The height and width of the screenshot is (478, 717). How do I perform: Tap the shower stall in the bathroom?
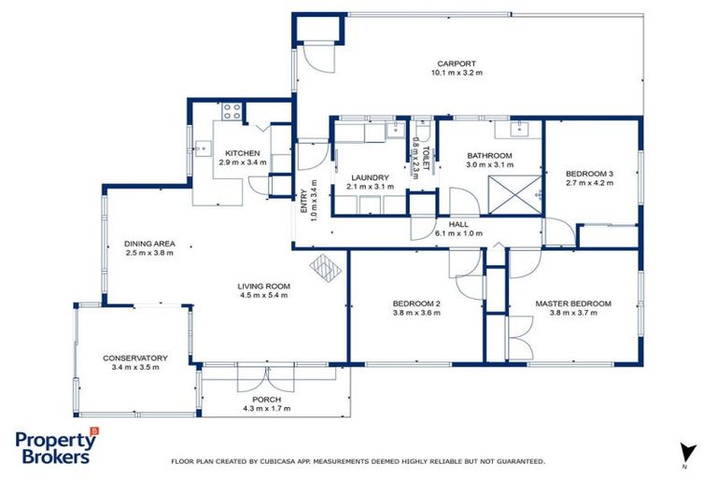point(513,192)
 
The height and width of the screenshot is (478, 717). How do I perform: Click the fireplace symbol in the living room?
point(327,269)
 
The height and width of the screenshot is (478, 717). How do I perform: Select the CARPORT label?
point(454,63)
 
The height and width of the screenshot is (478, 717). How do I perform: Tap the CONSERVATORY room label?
point(136,358)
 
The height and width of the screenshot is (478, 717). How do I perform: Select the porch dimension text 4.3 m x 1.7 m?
point(267,408)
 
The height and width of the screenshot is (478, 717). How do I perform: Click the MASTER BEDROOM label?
point(573,303)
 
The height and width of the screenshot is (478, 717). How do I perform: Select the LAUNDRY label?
point(370,176)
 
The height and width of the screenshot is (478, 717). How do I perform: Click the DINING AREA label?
point(150,244)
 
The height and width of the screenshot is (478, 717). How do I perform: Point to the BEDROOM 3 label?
point(590,174)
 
